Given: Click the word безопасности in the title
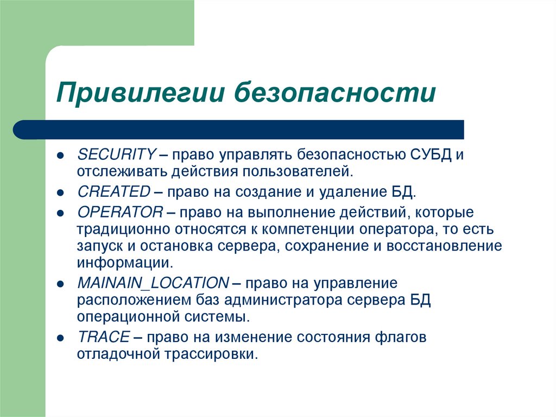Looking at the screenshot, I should (x=335, y=91).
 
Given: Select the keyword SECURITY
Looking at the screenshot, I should (x=117, y=154).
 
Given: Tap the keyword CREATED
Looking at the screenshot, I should (x=113, y=191).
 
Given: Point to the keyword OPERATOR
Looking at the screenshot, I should (x=120, y=211).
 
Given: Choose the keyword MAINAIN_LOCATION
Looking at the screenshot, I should (x=153, y=283).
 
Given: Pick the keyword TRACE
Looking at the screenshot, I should (x=103, y=337).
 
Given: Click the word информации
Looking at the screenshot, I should (x=125, y=263).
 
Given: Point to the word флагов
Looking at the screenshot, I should (x=401, y=337).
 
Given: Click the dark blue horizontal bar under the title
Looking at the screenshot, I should (x=239, y=129).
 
